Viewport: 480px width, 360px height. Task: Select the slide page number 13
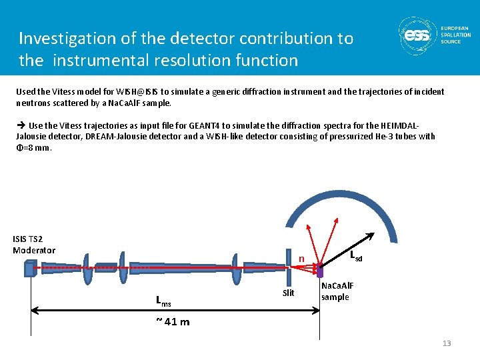coord(447,343)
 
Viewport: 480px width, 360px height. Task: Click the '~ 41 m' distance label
coord(172,322)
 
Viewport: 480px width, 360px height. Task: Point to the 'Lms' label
coord(163,301)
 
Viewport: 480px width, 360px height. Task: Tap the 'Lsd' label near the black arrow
coord(357,256)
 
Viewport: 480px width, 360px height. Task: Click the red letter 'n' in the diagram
coord(301,259)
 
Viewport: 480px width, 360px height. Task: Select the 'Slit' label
coord(288,293)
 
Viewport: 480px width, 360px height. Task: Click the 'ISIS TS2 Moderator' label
coord(34,245)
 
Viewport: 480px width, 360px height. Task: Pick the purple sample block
coord(319,271)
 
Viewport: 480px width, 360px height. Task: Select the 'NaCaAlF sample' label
coord(337,291)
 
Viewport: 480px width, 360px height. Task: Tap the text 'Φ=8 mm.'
coord(33,147)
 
